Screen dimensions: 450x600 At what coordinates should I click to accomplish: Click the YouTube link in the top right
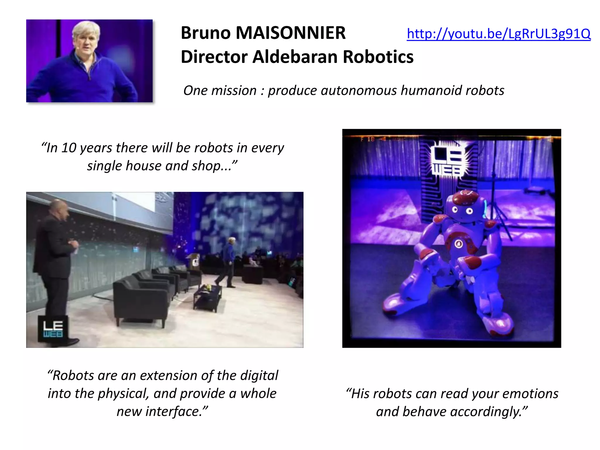tap(498, 34)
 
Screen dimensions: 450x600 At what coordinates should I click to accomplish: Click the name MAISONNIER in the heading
tap(291, 33)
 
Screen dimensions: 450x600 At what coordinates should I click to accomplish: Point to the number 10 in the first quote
tap(69, 148)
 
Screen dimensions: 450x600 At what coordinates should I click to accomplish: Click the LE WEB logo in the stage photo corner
tap(53, 329)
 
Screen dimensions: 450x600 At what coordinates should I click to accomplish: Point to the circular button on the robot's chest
tap(458, 243)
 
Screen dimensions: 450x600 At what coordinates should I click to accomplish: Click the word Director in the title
tap(214, 57)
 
